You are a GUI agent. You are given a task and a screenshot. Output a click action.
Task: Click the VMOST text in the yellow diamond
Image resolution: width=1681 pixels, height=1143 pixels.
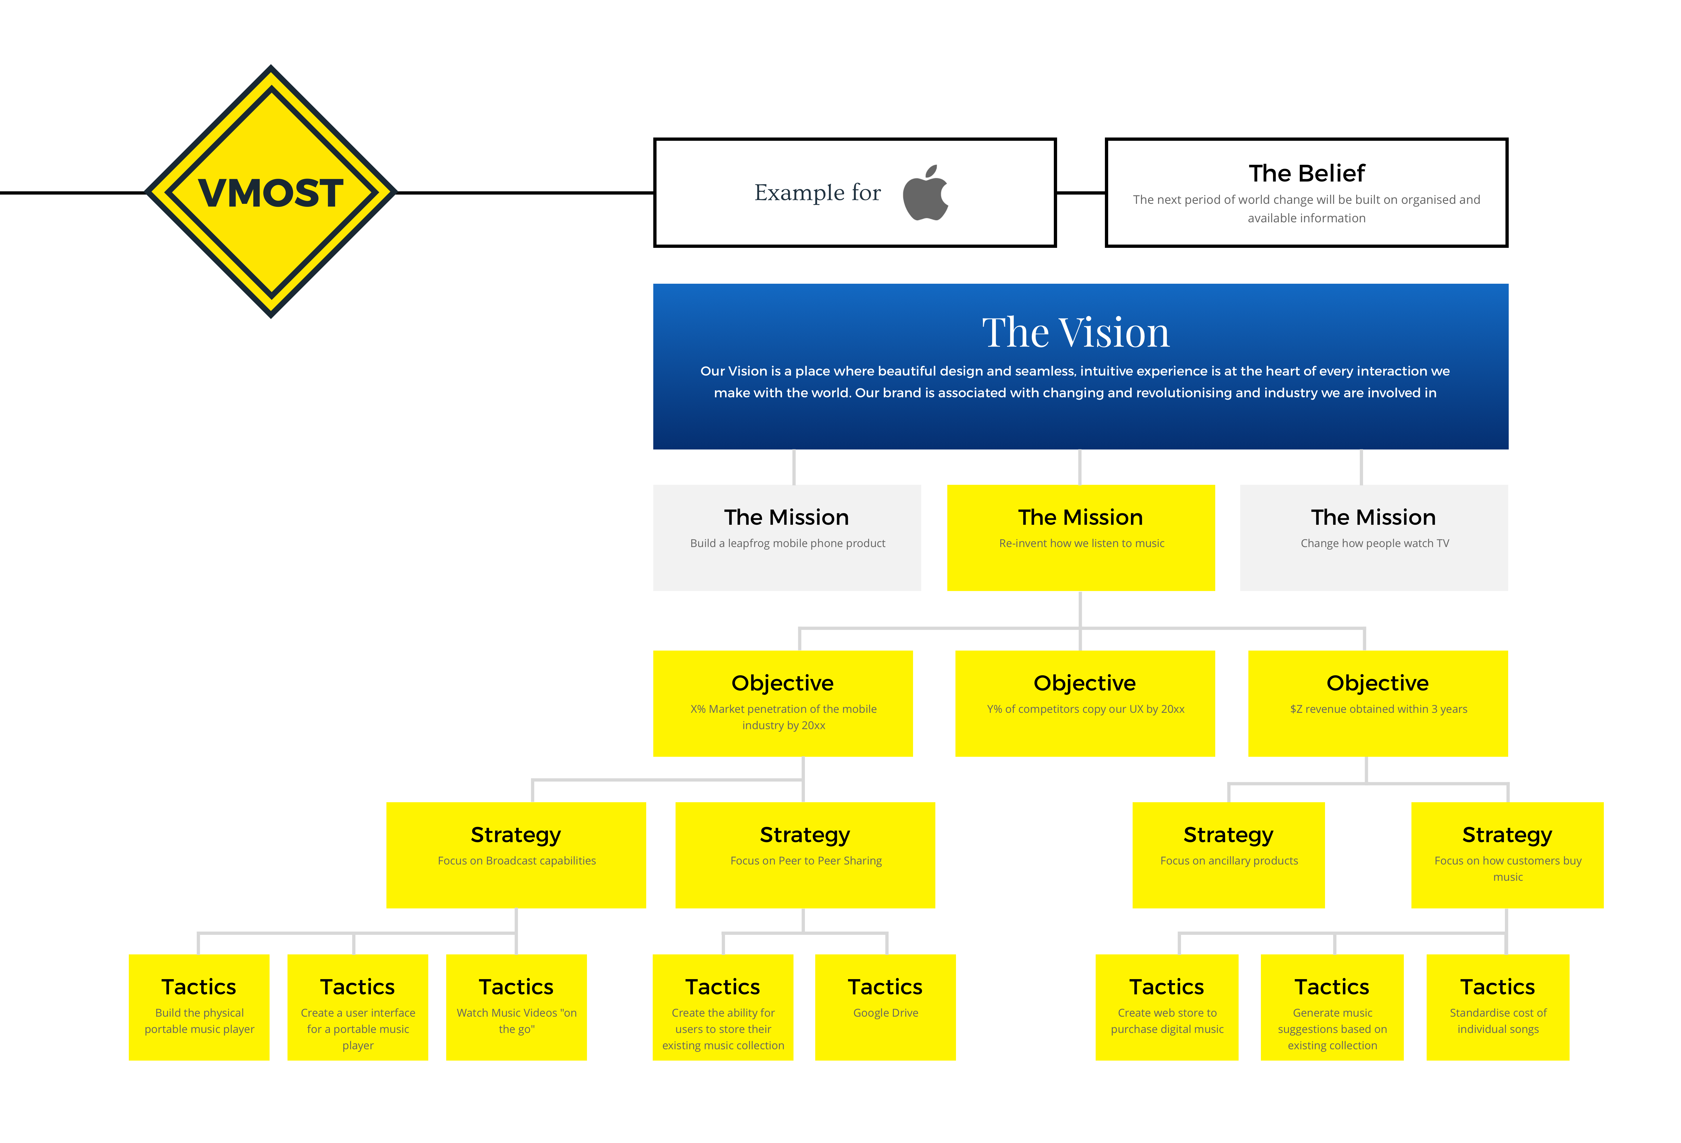click(271, 193)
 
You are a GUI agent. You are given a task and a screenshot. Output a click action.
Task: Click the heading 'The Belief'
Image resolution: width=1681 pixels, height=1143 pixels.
click(1306, 174)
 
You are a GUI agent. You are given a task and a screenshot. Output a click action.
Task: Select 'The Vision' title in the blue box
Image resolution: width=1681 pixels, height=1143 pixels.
click(1076, 333)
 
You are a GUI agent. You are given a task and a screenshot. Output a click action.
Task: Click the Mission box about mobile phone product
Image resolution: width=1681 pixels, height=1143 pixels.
click(787, 538)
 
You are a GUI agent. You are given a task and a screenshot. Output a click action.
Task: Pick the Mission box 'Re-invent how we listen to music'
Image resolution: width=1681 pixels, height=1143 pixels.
click(1081, 538)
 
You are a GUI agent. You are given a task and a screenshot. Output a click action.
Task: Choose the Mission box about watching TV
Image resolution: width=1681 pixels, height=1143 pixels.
click(1374, 538)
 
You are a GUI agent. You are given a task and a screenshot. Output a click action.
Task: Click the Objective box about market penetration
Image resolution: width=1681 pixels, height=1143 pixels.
click(783, 703)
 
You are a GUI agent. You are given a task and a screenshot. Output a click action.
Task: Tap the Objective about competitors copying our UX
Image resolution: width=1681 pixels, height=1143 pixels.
click(1085, 703)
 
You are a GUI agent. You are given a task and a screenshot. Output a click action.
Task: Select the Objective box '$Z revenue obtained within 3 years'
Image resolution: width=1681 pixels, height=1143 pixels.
click(1378, 703)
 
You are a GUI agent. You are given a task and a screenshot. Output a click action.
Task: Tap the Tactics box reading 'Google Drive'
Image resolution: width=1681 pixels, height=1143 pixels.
click(885, 1007)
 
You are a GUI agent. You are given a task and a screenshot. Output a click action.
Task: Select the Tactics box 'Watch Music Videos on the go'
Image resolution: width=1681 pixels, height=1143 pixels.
click(517, 1007)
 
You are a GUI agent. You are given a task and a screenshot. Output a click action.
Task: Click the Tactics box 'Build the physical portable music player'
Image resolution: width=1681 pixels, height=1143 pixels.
click(199, 1007)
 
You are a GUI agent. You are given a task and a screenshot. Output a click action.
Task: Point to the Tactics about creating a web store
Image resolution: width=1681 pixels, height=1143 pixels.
click(1167, 1007)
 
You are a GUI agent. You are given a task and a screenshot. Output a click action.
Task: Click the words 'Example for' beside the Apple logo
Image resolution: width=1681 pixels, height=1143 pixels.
click(817, 192)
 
